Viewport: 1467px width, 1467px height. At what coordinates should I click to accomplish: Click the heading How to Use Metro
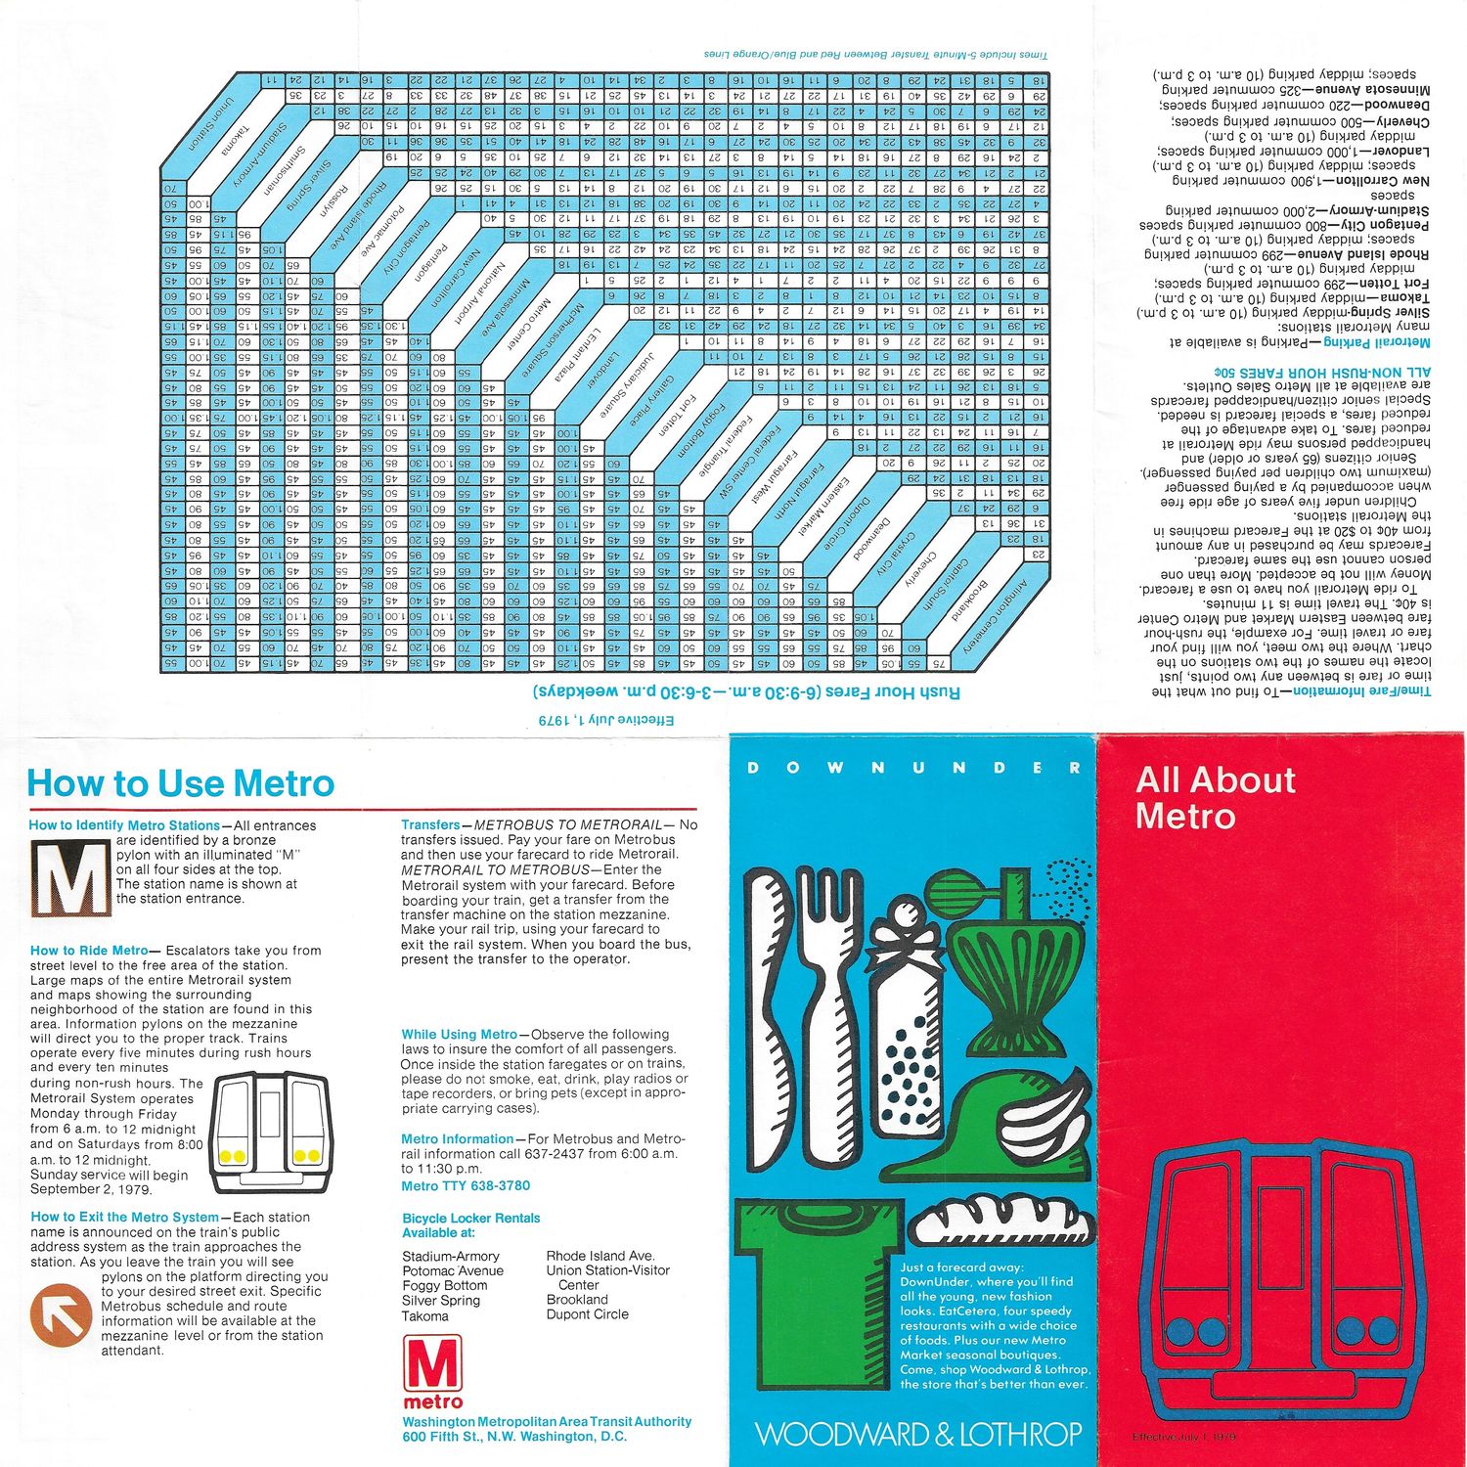pos(181,784)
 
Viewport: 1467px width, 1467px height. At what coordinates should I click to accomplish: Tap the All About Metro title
pos(1215,797)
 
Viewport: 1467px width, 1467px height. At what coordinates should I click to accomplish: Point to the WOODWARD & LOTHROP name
pos(918,1434)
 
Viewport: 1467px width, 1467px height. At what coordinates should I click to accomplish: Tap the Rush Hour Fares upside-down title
pos(746,692)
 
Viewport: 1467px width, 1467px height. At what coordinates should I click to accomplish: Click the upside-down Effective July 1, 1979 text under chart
pos(606,720)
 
